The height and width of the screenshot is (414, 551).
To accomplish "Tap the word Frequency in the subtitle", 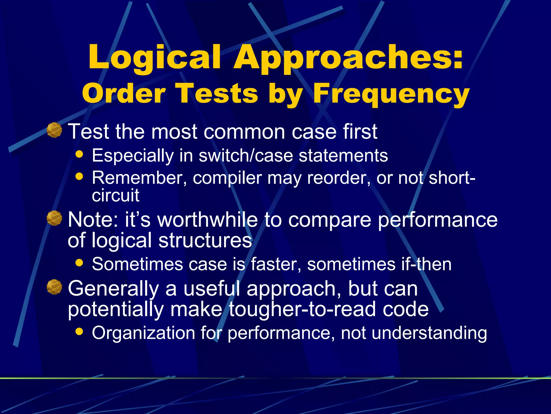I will [x=391, y=94].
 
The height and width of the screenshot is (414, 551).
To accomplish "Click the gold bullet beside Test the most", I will [x=54, y=130].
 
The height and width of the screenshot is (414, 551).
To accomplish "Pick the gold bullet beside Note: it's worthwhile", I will [x=54, y=218].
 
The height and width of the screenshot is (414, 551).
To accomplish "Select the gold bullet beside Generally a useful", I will [x=54, y=287].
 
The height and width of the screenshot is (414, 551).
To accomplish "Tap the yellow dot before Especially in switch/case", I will [x=79, y=154].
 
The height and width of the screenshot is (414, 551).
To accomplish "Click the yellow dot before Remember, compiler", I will [x=79, y=177].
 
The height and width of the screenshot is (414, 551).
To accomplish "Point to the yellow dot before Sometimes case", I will [x=79, y=263].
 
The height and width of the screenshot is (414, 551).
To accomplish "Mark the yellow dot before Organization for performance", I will [x=79, y=332].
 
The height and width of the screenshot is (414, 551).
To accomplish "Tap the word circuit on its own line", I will [x=115, y=195].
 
